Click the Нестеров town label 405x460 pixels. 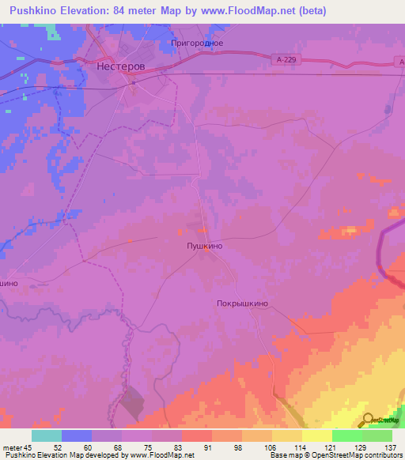(120, 67)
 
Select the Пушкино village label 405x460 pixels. (203, 247)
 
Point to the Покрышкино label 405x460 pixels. (243, 303)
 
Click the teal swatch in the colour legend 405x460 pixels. (47, 435)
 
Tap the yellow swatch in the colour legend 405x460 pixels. (316, 435)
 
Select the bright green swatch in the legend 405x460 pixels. (346, 435)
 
